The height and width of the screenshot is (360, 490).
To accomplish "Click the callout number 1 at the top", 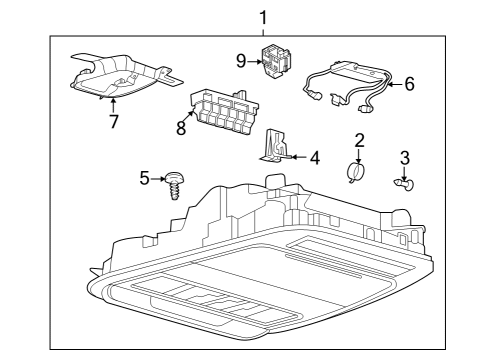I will coord(263,17).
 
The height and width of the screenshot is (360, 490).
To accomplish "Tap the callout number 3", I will coord(404,157).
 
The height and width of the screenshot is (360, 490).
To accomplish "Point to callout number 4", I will coord(314,157).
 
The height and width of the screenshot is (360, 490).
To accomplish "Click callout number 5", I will coord(145,178).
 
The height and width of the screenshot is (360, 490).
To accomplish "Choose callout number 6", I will coord(408,84).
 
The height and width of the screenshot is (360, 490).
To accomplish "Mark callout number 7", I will coord(113,122).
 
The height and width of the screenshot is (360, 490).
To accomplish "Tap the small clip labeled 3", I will coord(410,183).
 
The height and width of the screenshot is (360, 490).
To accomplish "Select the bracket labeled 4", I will coord(271,145).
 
